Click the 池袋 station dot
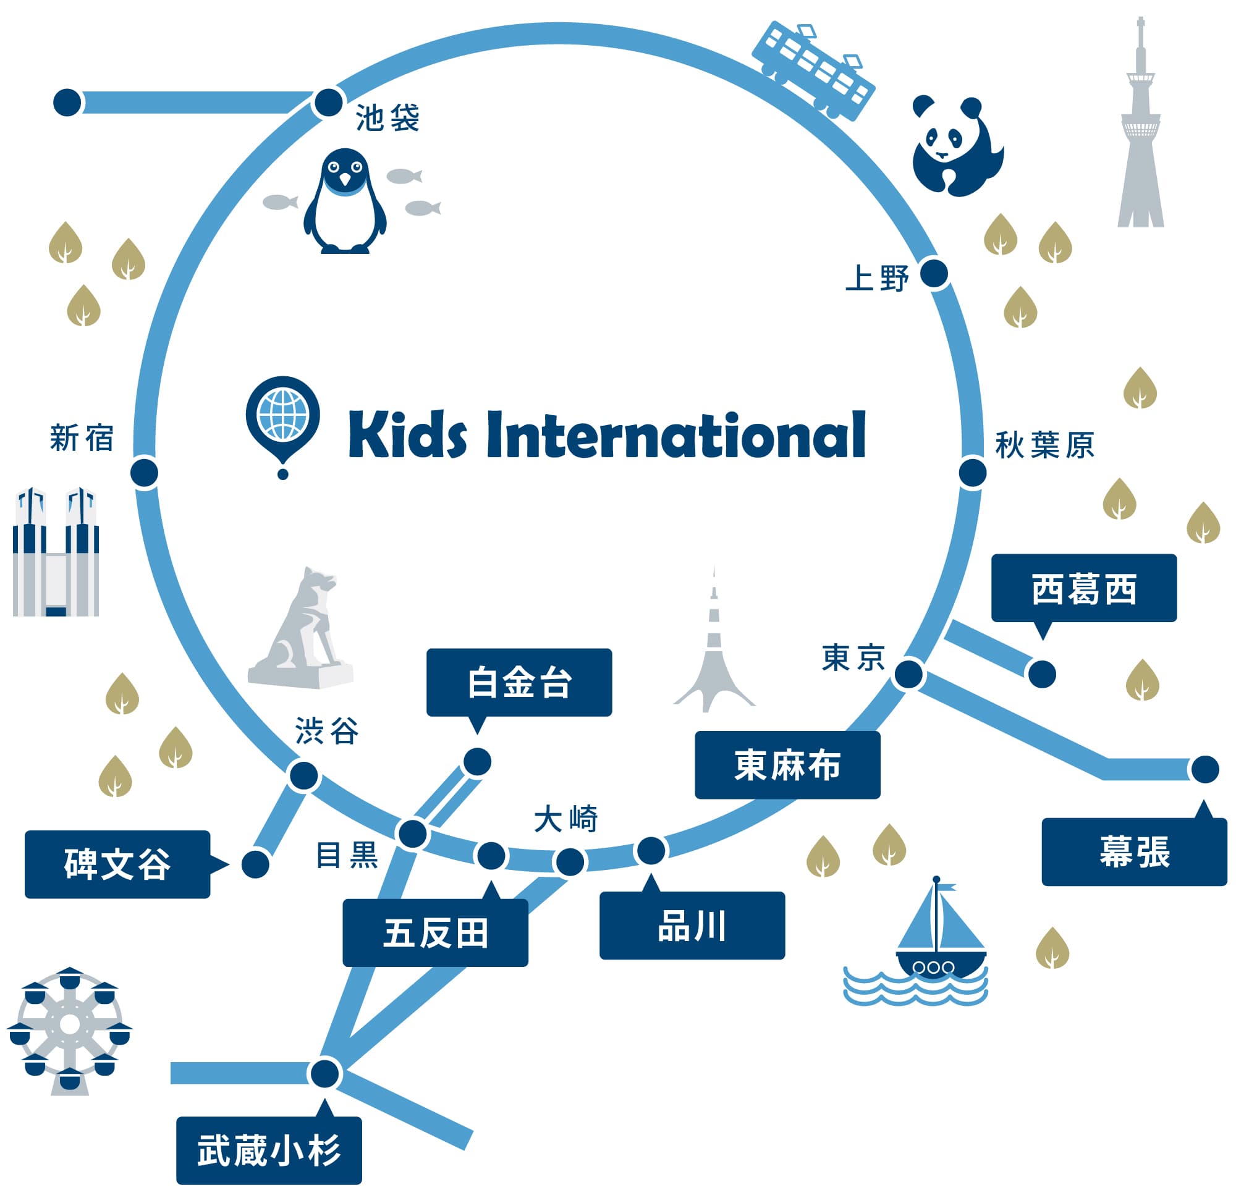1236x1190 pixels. tap(329, 102)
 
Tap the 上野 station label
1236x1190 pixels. tap(876, 278)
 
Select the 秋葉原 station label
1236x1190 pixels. tap(1044, 445)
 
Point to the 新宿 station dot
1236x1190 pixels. tap(145, 472)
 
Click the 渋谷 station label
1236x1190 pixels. tap(327, 731)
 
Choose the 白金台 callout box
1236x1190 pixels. tap(519, 682)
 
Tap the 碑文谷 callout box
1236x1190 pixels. tap(117, 864)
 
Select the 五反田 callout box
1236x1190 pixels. tap(435, 934)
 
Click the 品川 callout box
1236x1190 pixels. tap(692, 926)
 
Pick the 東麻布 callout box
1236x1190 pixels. tap(787, 765)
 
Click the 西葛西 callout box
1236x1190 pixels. tap(1083, 588)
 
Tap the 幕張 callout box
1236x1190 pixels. tap(1134, 851)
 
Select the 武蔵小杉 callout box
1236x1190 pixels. tap(269, 1150)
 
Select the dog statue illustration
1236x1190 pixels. tap(303, 631)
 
